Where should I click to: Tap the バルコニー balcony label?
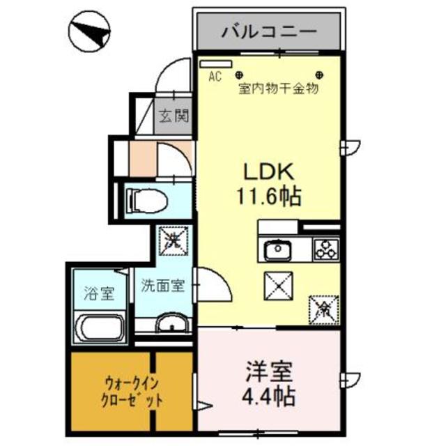[x=269, y=31]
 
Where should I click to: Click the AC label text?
[x=215, y=77]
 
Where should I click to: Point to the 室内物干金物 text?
[x=278, y=89]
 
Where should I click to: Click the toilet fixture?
[x=147, y=200]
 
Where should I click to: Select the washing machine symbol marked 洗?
[x=174, y=240]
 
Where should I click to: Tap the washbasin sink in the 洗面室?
[x=171, y=324]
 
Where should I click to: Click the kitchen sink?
[x=278, y=248]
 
